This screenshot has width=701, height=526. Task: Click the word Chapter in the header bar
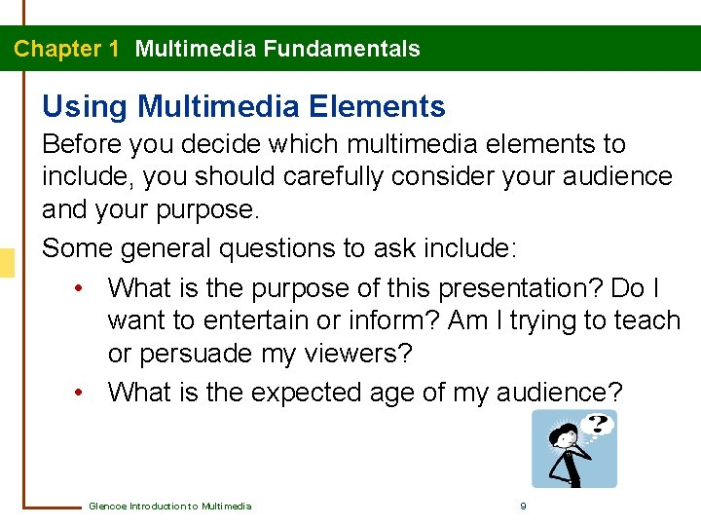click(57, 49)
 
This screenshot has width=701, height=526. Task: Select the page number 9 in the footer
click(524, 506)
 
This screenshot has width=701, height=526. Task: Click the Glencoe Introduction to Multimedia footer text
click(169, 506)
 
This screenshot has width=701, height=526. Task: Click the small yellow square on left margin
click(6, 263)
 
